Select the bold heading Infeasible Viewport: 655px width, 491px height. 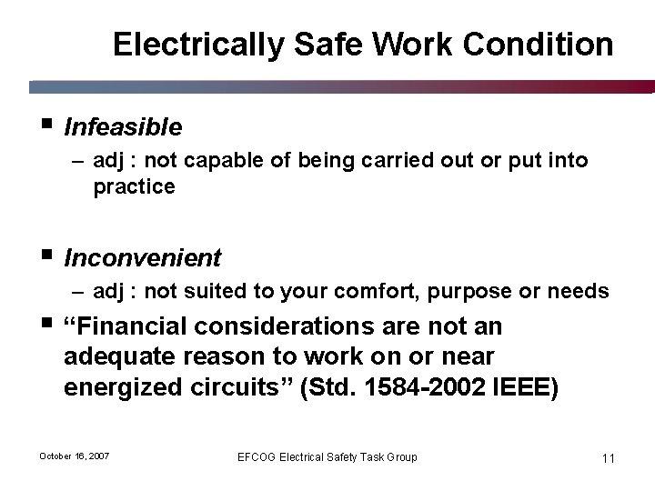coord(123,126)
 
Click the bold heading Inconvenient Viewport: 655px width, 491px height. coord(142,258)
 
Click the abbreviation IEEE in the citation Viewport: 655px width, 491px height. coord(527,385)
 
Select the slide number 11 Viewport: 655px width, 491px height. coord(608,457)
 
